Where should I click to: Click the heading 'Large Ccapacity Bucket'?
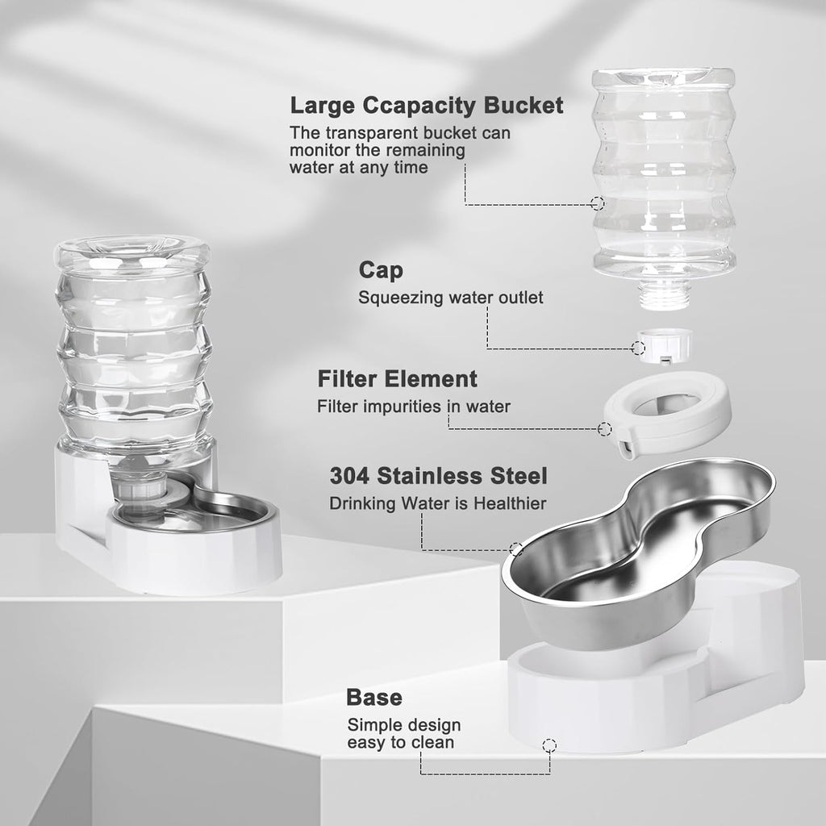427,106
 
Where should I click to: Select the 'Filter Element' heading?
398,378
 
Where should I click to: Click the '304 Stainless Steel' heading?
438,475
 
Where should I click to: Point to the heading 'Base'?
374,697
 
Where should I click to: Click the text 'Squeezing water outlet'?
451,298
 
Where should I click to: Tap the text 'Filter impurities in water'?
414,407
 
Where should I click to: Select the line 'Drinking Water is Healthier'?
438,503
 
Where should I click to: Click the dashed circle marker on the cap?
638,348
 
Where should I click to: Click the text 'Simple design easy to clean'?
404,733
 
